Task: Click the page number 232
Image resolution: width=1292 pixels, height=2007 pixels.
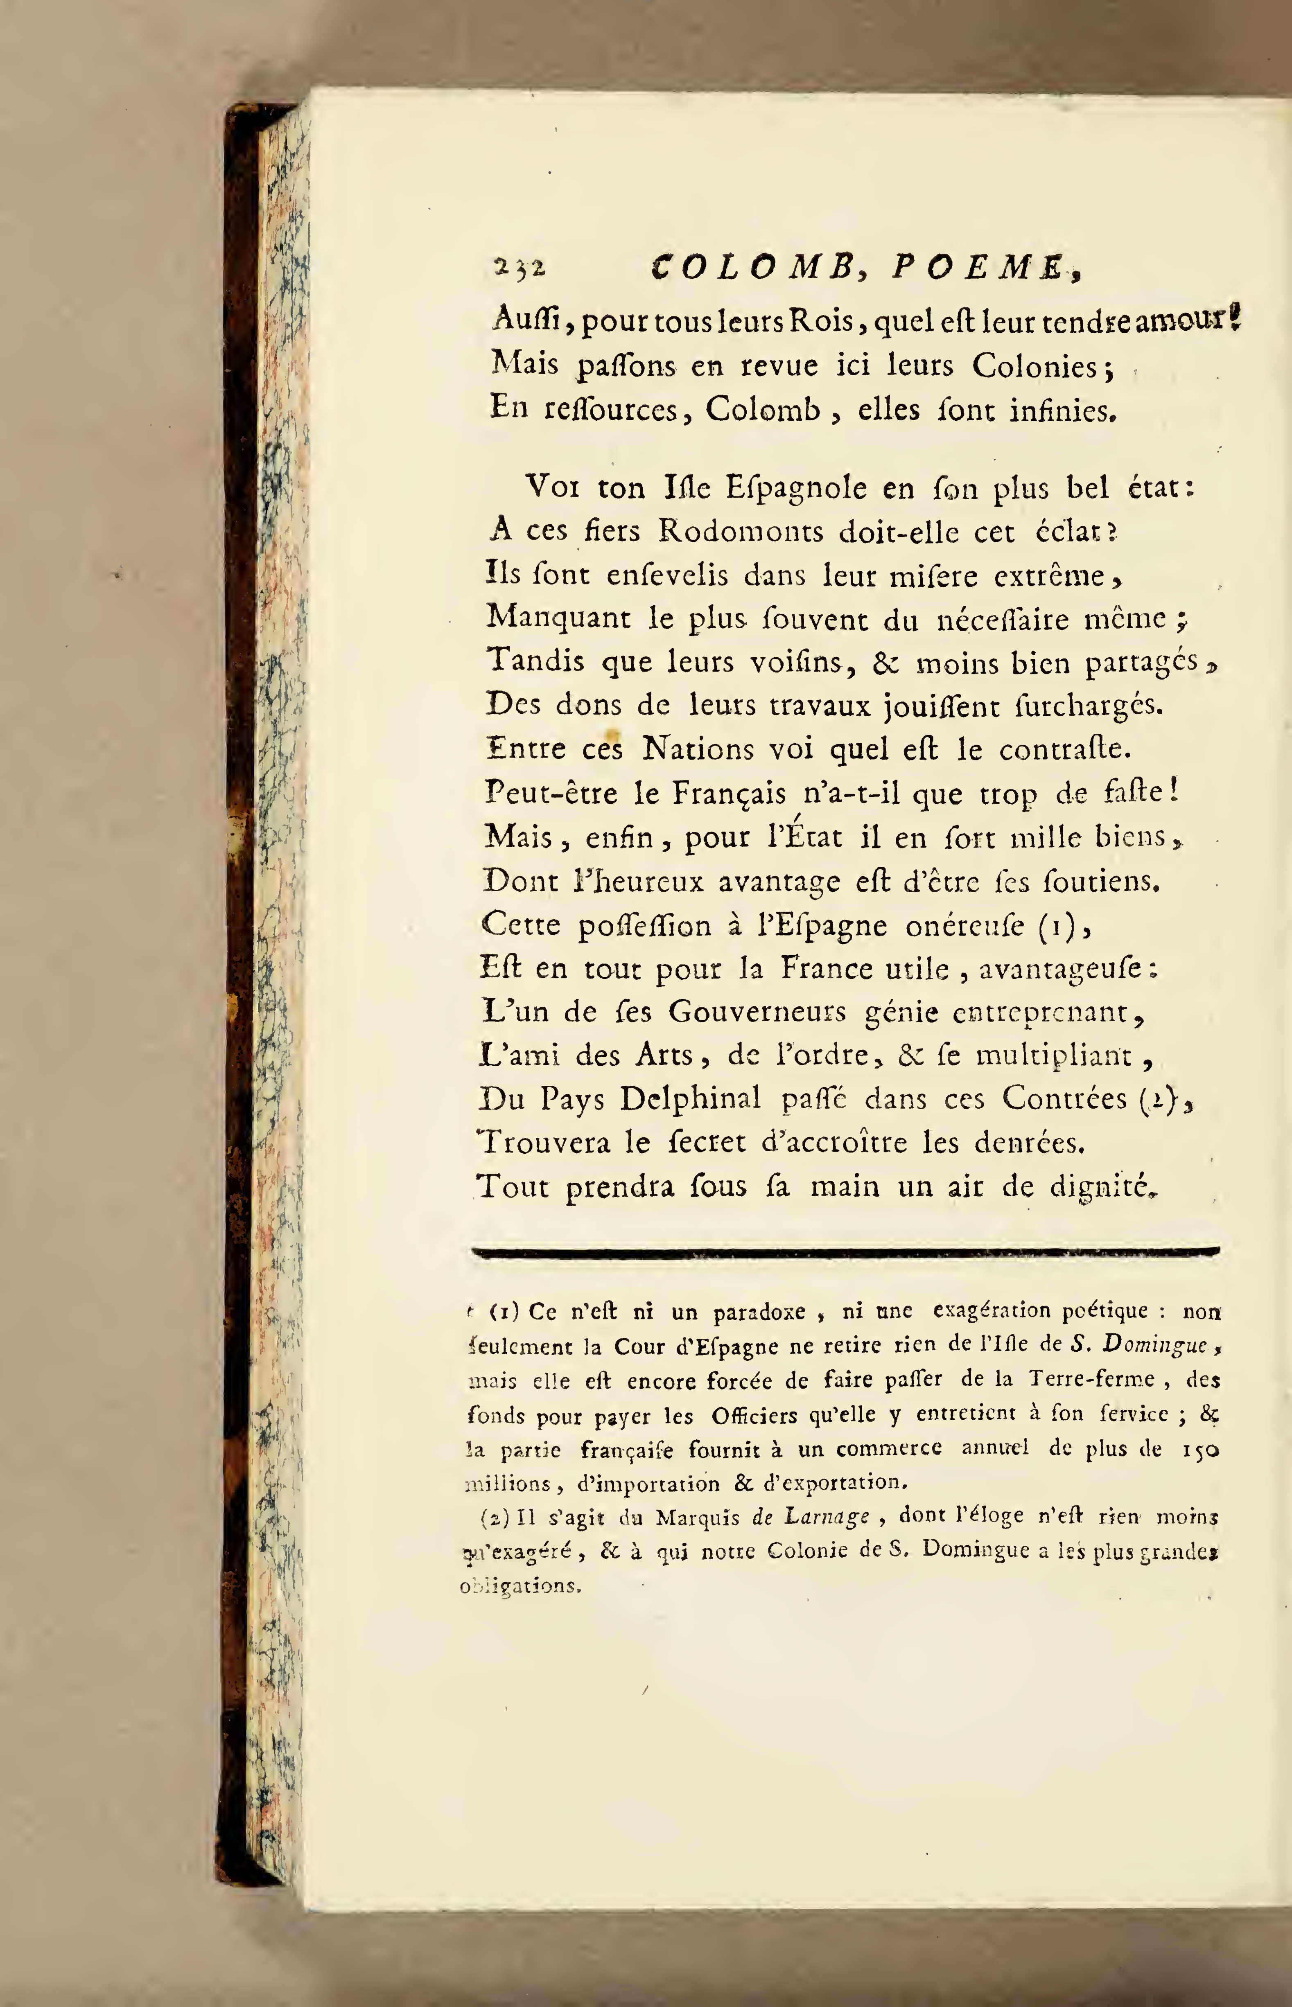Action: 520,268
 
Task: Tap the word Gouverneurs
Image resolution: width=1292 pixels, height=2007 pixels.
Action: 759,1013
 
